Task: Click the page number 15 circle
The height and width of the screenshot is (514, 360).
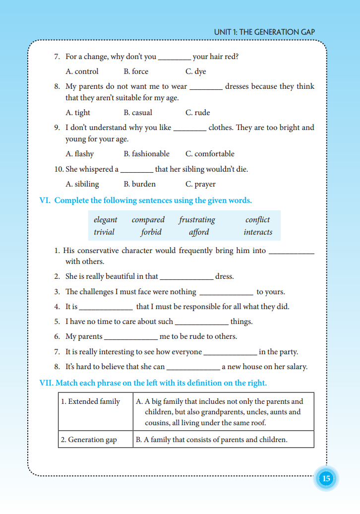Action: click(326, 479)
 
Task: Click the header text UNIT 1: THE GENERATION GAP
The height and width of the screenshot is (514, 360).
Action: click(264, 32)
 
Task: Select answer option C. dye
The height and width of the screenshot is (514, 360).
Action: click(195, 71)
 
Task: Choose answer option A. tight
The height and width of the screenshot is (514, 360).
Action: click(78, 113)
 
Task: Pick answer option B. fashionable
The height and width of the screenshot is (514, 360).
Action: click(146, 154)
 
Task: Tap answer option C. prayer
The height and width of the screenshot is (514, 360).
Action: click(200, 184)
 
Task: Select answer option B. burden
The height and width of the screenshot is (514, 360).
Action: click(139, 184)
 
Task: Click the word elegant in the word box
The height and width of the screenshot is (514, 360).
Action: click(106, 220)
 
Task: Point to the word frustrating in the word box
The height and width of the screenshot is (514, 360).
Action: click(197, 220)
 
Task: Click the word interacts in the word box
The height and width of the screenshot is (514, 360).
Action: click(258, 232)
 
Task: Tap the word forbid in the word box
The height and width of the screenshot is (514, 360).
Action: click(151, 232)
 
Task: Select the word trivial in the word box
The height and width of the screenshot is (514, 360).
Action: click(104, 232)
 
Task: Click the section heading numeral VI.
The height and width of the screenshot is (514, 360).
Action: click(45, 200)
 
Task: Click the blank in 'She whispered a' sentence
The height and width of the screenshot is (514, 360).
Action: click(137, 170)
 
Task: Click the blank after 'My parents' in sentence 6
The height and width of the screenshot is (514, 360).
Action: click(131, 337)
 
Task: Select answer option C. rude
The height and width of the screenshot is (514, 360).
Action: click(197, 113)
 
